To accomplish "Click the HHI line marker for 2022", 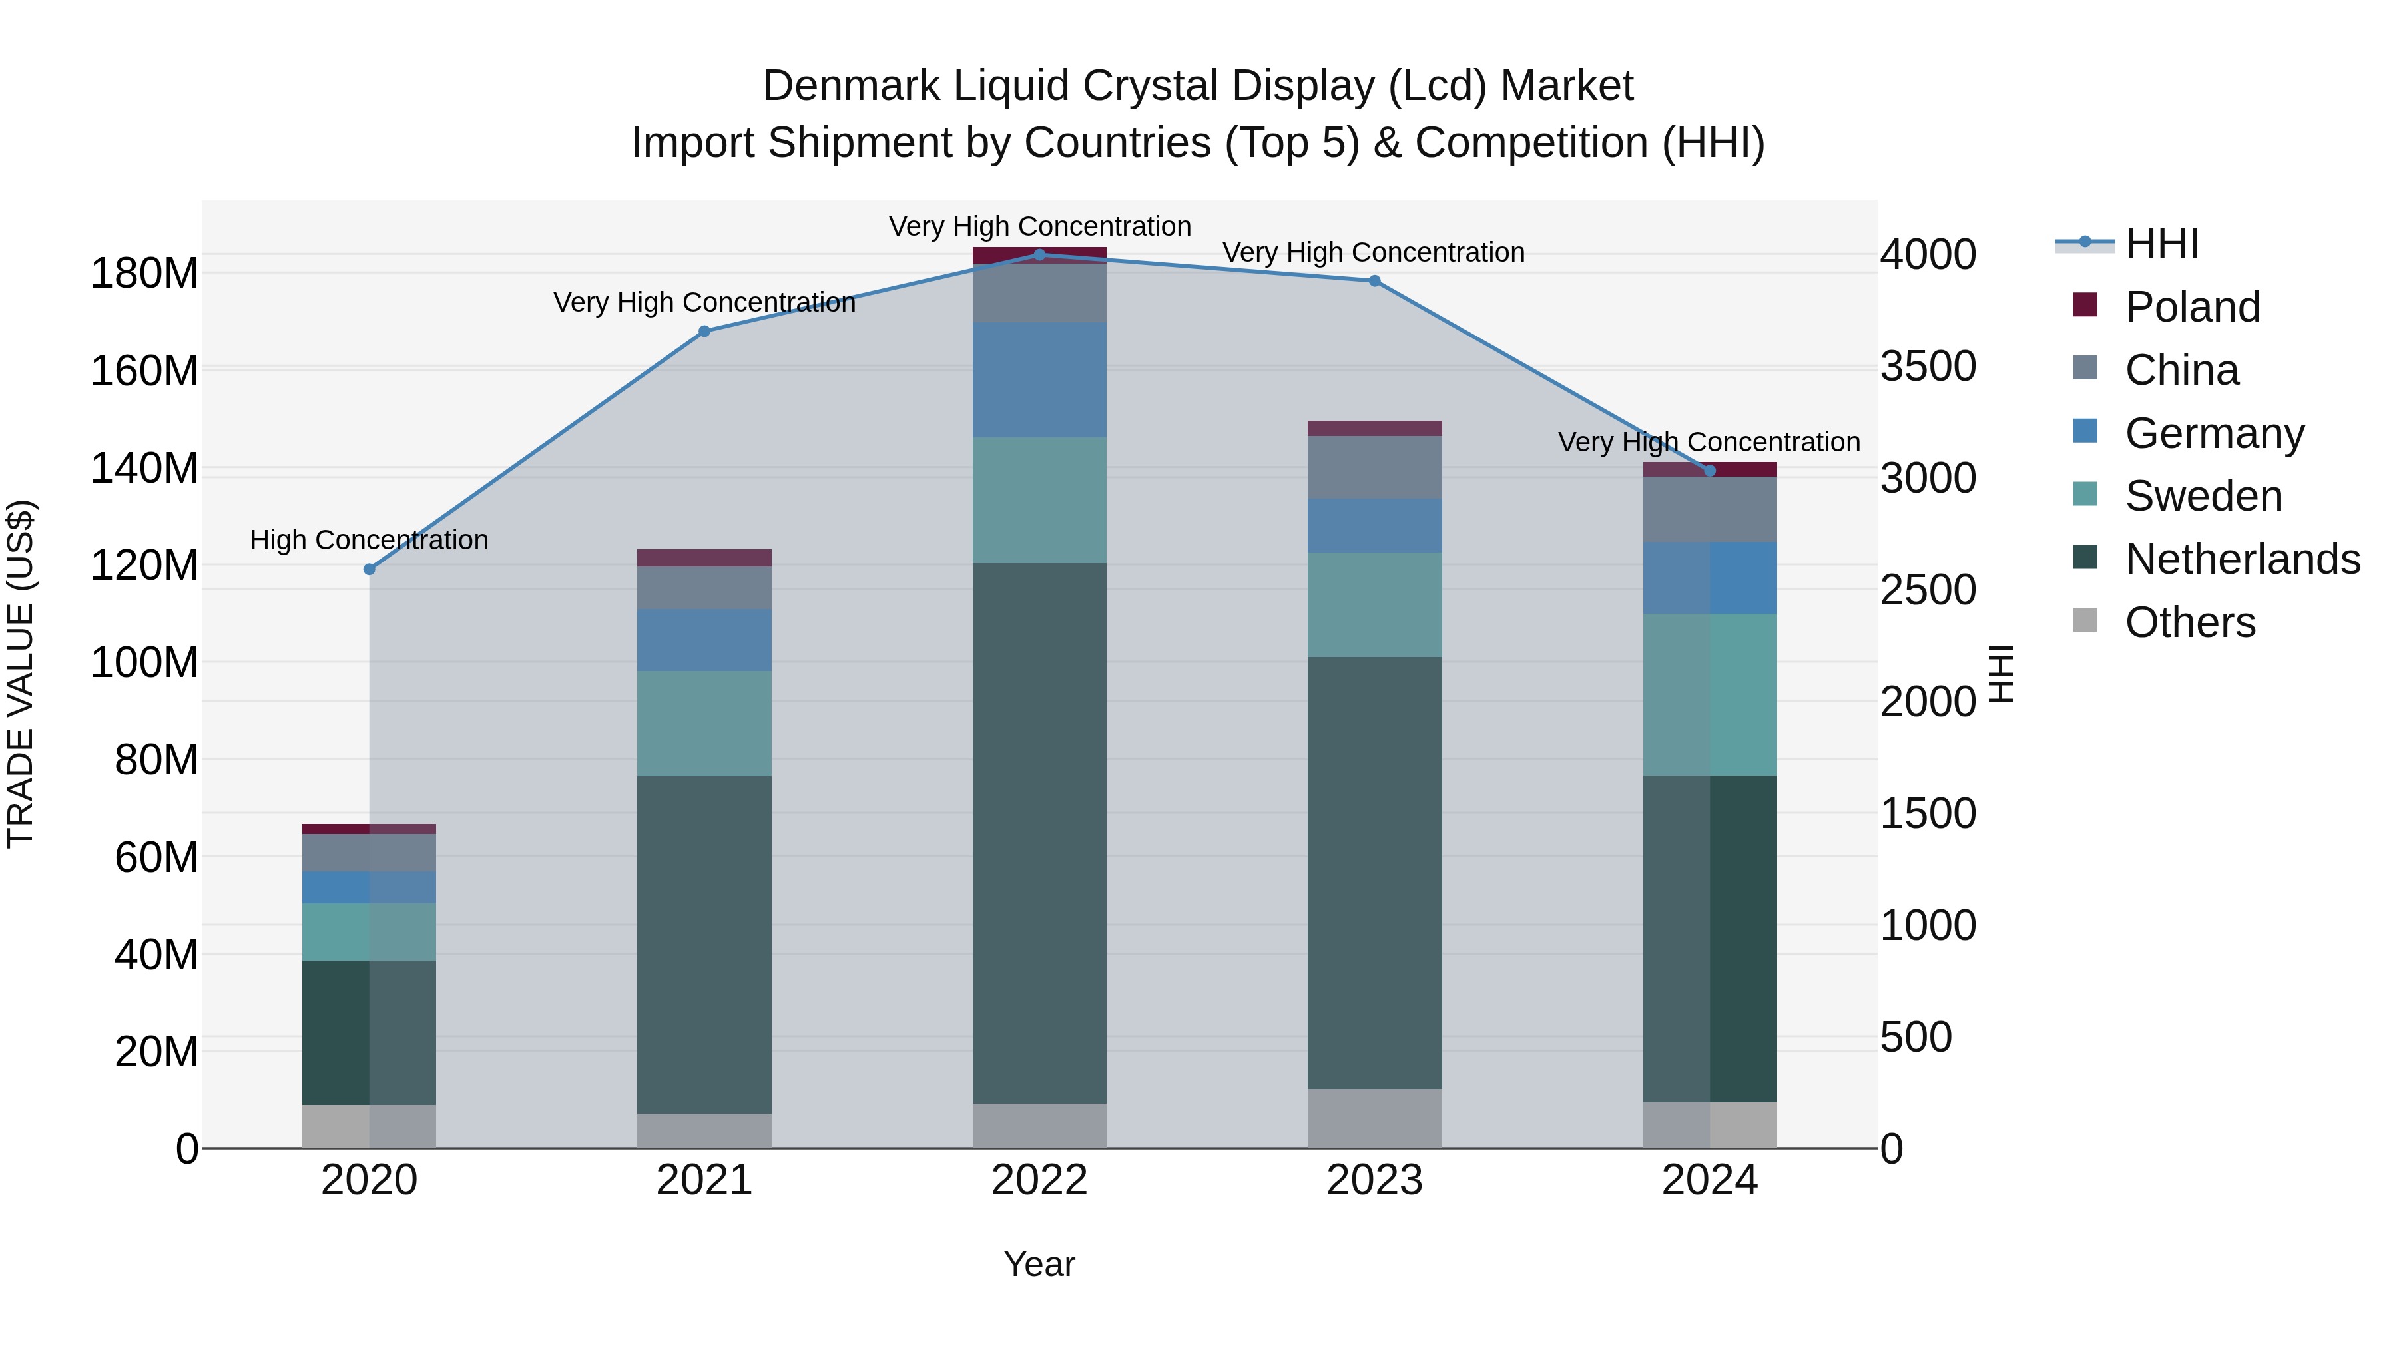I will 1039,255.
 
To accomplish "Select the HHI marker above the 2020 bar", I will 370,569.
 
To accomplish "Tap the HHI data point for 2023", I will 1374,281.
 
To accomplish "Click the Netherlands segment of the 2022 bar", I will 1039,833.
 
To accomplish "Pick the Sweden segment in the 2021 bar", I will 704,724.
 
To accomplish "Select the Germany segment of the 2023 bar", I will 1374,526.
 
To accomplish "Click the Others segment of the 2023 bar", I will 1374,1118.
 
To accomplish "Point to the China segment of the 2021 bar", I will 704,588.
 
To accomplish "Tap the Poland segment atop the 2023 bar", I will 1374,428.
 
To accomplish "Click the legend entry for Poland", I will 2191,307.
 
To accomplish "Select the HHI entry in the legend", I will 2161,244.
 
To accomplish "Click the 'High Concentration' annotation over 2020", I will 370,540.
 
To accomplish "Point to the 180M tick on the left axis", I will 144,274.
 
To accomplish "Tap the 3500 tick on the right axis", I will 1927,367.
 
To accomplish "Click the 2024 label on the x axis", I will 1709,1180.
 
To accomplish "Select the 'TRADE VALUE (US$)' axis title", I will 21,674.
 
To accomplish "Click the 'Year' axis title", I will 1039,1264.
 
